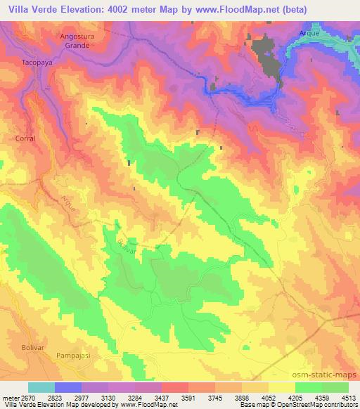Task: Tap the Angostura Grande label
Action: (75, 41)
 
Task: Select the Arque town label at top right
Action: (309, 33)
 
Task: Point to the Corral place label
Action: (25, 138)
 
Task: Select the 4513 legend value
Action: (349, 397)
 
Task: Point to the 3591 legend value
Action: (188, 397)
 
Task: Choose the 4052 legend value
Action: (269, 397)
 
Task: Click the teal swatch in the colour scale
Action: (41, 387)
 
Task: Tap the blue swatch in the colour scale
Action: (67, 387)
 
